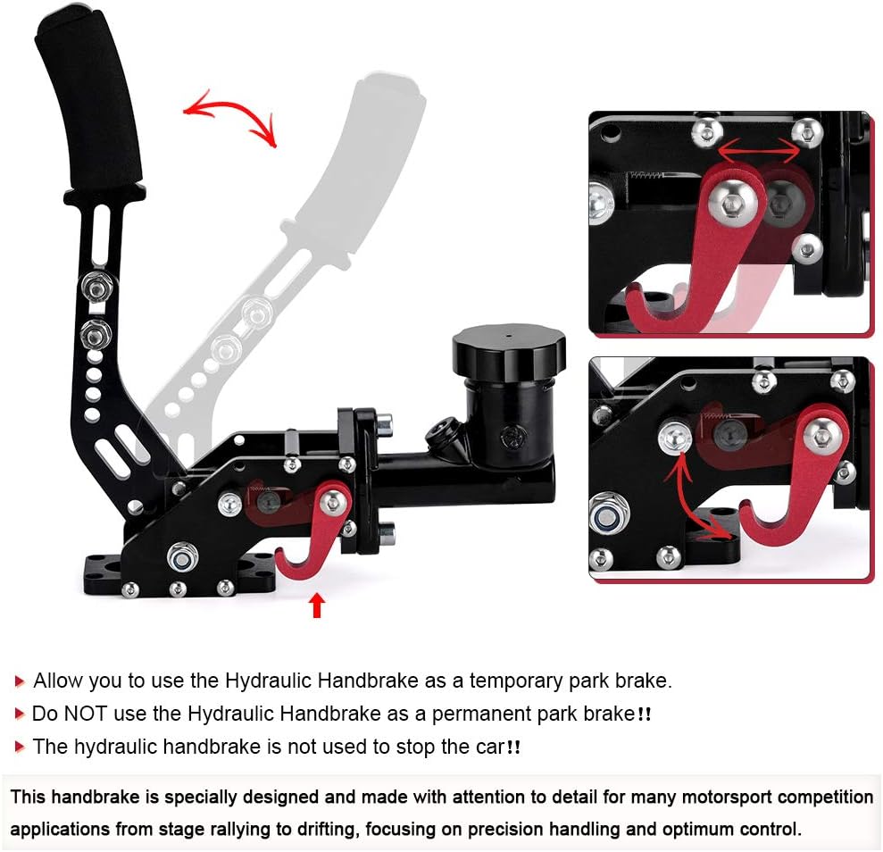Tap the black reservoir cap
(x=509, y=352)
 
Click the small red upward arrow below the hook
(x=317, y=606)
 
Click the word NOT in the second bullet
(x=85, y=714)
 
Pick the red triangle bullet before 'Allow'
(x=20, y=681)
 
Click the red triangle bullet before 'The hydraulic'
(x=20, y=748)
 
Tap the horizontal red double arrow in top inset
(x=759, y=150)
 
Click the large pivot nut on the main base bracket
(x=182, y=557)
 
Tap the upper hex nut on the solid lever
(x=96, y=287)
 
